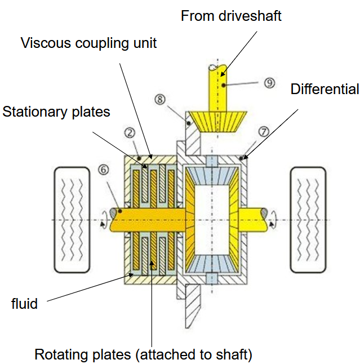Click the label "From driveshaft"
[231, 15]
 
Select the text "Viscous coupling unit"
[89, 43]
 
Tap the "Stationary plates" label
[56, 112]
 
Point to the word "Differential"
[325, 89]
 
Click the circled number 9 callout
[269, 83]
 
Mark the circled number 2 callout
[130, 133]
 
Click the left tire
[71, 218]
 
